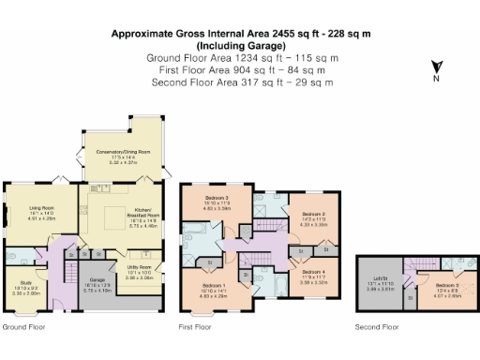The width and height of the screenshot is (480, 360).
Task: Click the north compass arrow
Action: (x=436, y=68)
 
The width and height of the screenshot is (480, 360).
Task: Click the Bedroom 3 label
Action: (x=217, y=200)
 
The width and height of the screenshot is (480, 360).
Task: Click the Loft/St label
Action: (x=379, y=282)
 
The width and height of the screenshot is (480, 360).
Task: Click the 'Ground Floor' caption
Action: (x=22, y=327)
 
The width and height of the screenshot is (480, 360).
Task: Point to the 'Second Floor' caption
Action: (x=377, y=327)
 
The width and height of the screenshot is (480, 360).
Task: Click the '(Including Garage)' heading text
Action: (x=240, y=46)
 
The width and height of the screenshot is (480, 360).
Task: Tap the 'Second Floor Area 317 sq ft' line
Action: (x=240, y=82)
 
